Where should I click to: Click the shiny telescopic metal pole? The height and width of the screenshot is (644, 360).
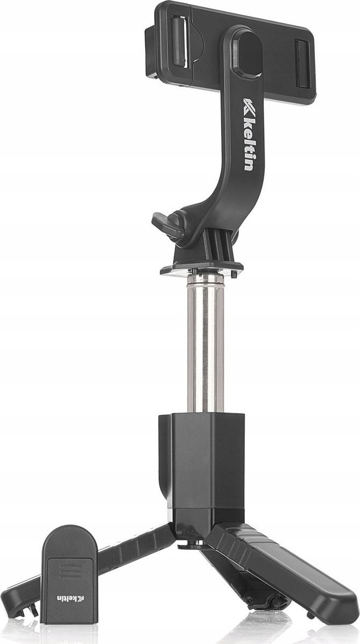(x=204, y=344)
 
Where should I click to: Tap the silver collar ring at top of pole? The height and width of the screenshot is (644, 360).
(x=204, y=281)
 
